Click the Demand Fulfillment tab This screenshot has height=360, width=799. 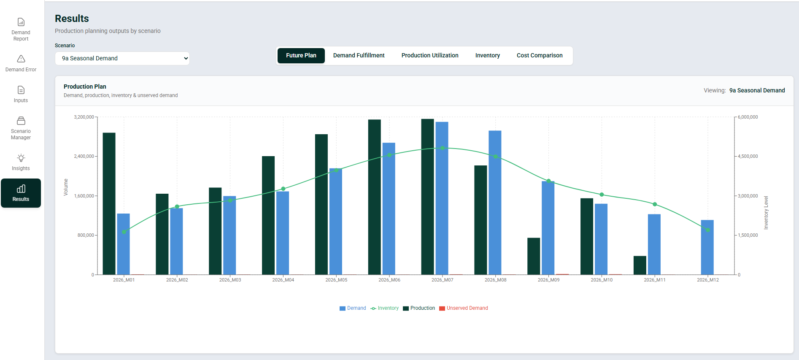coord(359,55)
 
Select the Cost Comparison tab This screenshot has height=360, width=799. coord(539,55)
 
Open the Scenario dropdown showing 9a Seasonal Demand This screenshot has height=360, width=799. coord(122,58)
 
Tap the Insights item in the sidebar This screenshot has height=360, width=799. coord(21,162)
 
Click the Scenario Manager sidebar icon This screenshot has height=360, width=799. coord(21,121)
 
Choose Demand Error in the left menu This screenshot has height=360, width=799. coord(21,63)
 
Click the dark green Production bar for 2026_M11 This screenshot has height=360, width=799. coord(640,265)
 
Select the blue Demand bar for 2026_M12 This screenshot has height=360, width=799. coord(707,247)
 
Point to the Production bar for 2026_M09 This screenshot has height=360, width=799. coord(534,256)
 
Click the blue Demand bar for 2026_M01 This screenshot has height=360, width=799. coord(123,244)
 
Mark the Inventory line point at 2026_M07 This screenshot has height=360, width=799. coord(442,148)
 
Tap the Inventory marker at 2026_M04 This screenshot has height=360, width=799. coord(283,189)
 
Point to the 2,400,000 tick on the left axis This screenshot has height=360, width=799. coord(84,156)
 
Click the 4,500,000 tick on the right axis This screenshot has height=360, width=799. coord(748,156)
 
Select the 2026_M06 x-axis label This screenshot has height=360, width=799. coord(389,280)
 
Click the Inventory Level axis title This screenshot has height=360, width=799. coord(766,213)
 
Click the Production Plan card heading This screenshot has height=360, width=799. coord(85,87)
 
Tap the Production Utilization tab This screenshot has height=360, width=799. coord(429,55)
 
